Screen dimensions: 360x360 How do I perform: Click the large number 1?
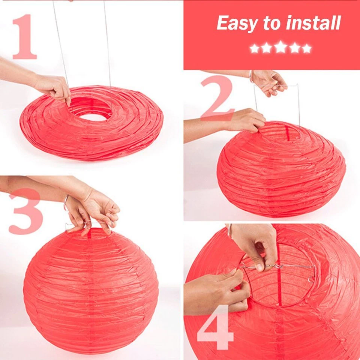(25, 37)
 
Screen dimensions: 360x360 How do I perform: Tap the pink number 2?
(217, 98)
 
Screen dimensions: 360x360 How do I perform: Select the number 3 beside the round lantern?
(25, 211)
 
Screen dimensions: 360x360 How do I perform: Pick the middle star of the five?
(280, 47)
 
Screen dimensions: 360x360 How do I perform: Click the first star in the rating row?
(255, 48)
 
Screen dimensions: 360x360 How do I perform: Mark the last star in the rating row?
(306, 48)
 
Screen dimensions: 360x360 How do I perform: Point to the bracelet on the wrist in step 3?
(66, 202)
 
